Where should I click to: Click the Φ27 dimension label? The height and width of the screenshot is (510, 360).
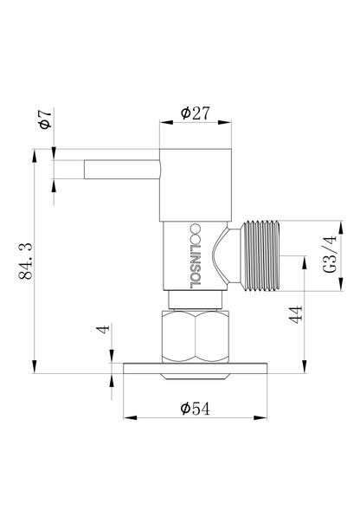[x=196, y=113]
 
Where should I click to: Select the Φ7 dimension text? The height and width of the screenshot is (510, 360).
[x=45, y=119]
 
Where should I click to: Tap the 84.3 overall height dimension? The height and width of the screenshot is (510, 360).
[x=25, y=261]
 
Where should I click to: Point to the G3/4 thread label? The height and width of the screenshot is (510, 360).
[x=329, y=255]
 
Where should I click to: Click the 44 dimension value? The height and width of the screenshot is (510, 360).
[x=296, y=314]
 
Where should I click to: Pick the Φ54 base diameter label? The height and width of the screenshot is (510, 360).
[x=195, y=409]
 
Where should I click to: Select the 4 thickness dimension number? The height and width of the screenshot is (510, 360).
[x=104, y=328]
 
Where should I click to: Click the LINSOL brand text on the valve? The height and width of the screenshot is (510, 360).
[x=195, y=255]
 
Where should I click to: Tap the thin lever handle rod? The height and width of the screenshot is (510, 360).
[x=122, y=170]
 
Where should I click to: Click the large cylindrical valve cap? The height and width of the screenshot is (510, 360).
[x=196, y=185]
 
